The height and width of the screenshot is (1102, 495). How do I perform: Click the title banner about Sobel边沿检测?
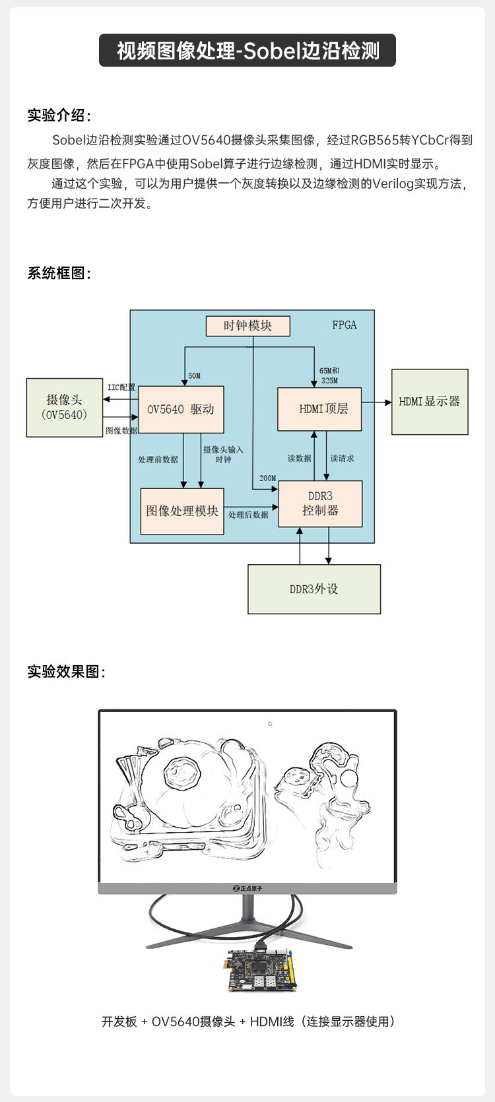pos(247,51)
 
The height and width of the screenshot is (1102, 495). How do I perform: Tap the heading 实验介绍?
pos(59,115)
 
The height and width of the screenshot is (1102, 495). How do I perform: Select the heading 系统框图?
pos(59,273)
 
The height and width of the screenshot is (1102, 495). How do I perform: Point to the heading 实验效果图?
pos(66,672)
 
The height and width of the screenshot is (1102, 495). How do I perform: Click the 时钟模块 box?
pos(247,326)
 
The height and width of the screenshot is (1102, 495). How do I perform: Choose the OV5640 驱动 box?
pos(181,409)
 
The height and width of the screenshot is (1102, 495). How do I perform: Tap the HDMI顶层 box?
pos(319,409)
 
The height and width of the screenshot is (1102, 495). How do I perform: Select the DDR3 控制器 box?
pos(320,503)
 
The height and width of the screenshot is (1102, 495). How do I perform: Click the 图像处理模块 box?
pos(182,511)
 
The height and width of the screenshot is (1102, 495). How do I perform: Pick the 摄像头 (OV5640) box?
pos(64,407)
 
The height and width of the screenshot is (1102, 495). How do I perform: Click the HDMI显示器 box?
pos(430,402)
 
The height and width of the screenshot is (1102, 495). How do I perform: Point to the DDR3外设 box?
pos(314,589)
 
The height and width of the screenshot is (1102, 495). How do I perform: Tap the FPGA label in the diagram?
pos(345,325)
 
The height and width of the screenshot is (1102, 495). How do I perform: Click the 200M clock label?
pos(267,478)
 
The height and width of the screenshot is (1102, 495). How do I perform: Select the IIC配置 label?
pos(121,387)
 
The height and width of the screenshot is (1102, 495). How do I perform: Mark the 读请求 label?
pos(342,458)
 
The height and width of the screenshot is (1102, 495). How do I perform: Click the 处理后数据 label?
pos(248,515)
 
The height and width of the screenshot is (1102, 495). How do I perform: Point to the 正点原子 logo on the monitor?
pos(247,889)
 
